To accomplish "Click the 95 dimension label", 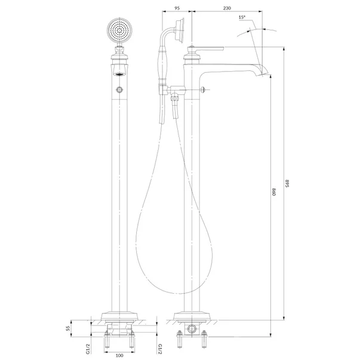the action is point(177,8).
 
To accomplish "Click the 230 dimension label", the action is point(227,8).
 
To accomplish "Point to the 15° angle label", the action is point(242,17).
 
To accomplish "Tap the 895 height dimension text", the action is point(287,183).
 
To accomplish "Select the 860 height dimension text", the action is point(273,192).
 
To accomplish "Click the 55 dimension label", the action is point(67,328).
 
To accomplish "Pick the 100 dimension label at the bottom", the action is point(119,355).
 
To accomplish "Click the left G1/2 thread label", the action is point(88,349).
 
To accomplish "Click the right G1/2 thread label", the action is point(160,349).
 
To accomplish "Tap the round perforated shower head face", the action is point(119,30).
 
